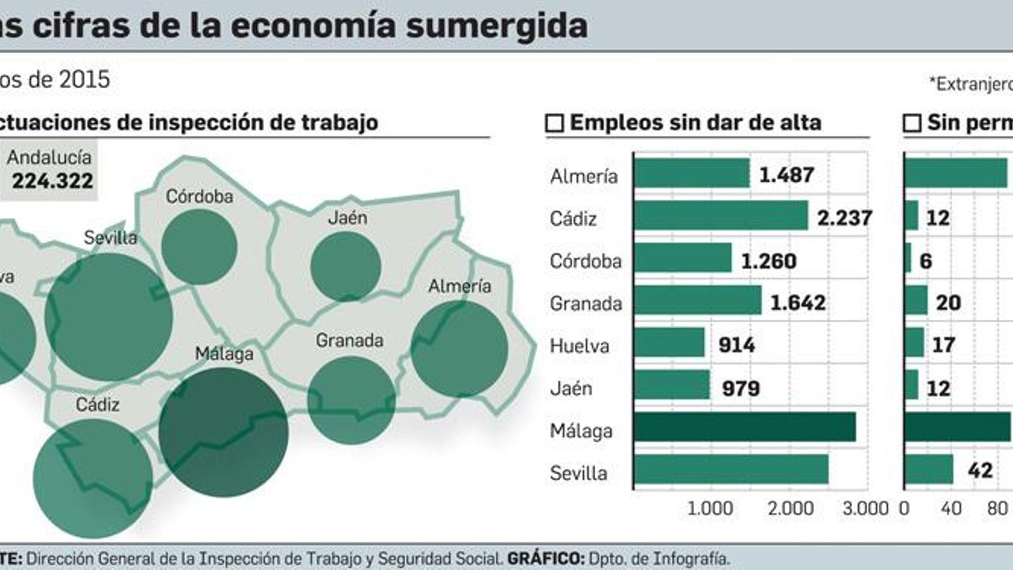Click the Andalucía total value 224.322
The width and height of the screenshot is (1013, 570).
[x=53, y=181]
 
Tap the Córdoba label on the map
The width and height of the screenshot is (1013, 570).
[x=199, y=196]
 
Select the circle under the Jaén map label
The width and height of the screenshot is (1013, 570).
[x=346, y=266]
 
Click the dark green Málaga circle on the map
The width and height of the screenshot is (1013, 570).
[x=223, y=432]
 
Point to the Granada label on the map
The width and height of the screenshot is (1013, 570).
[x=349, y=341]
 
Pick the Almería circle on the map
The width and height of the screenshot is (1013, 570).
[x=459, y=348]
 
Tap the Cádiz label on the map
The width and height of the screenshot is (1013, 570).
[x=98, y=404]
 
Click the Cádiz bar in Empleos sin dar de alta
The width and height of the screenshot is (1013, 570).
[x=720, y=216]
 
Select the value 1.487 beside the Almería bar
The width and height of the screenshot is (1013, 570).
[x=786, y=175]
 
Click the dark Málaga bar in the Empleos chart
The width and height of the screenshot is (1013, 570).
[x=745, y=427]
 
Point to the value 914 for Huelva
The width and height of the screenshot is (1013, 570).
[x=736, y=345]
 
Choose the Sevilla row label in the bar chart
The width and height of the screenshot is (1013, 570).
[x=578, y=473]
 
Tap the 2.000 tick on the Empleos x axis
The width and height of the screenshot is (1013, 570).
[x=791, y=508]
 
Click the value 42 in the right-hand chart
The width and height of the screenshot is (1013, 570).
[x=979, y=470]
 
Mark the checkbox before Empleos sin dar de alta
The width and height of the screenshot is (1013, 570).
[x=555, y=123]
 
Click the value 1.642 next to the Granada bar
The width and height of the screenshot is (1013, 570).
[x=798, y=303]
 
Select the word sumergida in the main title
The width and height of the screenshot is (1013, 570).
[x=496, y=25]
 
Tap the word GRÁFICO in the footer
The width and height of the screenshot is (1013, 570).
[x=545, y=559]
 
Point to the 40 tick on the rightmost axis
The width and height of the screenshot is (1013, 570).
[x=951, y=508]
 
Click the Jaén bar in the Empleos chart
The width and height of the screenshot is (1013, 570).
[x=672, y=385]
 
